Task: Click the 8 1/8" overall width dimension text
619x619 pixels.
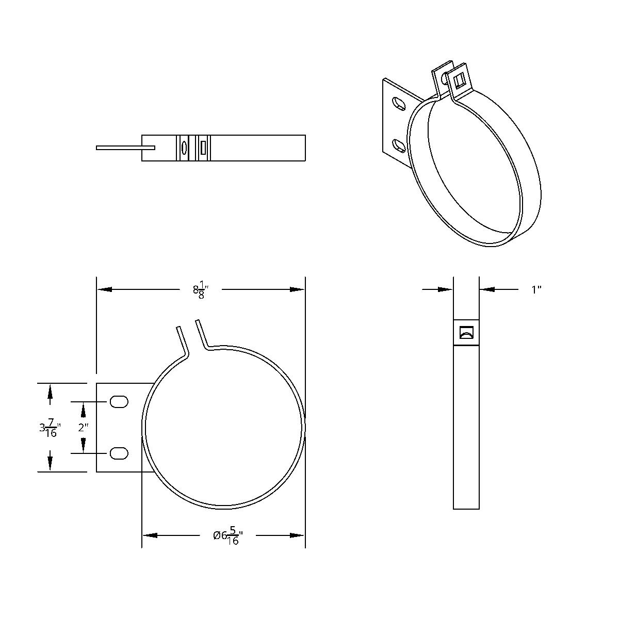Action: (200, 291)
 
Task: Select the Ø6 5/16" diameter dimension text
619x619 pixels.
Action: (227, 536)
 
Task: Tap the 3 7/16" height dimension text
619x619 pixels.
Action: (50, 428)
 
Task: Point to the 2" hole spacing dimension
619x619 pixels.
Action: (83, 427)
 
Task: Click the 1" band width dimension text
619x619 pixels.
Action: (536, 290)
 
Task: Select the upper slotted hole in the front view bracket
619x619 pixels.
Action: (119, 402)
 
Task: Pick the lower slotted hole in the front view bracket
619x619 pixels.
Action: (119, 453)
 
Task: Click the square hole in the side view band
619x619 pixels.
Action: (466, 333)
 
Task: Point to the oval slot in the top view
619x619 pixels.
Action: (183, 148)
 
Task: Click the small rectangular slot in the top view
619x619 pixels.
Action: (203, 148)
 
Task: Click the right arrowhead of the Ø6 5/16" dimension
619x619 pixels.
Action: (298, 535)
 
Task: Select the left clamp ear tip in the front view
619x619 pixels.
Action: (178, 328)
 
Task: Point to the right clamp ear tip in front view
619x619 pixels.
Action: (197, 322)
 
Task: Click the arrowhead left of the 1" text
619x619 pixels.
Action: (487, 289)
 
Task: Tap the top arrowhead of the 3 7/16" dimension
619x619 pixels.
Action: (50, 391)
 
